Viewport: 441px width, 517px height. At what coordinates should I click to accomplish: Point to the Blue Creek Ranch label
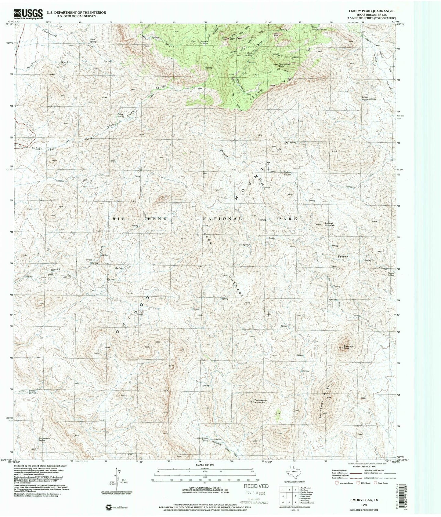(36, 149)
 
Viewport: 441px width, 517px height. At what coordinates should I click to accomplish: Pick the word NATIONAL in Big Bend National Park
(222, 219)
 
